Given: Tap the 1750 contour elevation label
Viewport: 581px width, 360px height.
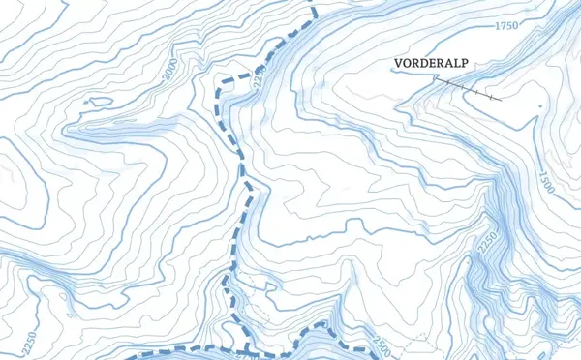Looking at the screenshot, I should tap(507, 26).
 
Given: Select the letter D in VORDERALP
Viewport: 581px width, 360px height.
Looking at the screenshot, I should tap(423, 64).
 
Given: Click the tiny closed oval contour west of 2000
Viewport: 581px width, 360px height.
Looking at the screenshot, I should tap(96, 100).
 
